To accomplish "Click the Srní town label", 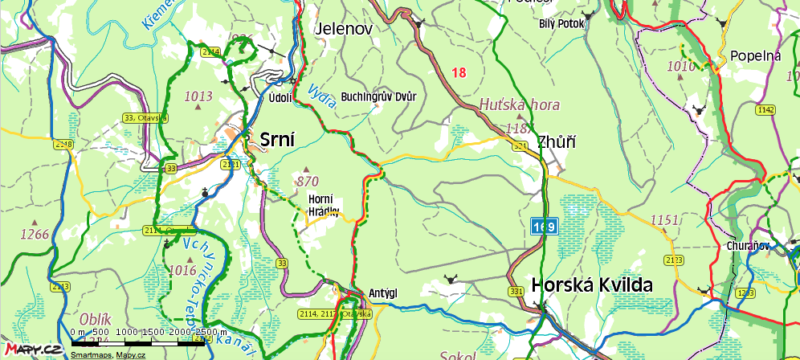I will [277, 140].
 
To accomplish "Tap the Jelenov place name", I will [345, 28].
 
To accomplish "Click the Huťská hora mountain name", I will [519, 104].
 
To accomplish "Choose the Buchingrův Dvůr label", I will [379, 97].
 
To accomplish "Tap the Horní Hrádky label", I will [324, 206].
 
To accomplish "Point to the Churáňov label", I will [749, 246].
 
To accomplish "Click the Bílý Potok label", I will [562, 23].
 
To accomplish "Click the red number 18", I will [459, 73].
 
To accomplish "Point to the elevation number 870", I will [308, 181].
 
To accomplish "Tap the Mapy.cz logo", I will [31, 348].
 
